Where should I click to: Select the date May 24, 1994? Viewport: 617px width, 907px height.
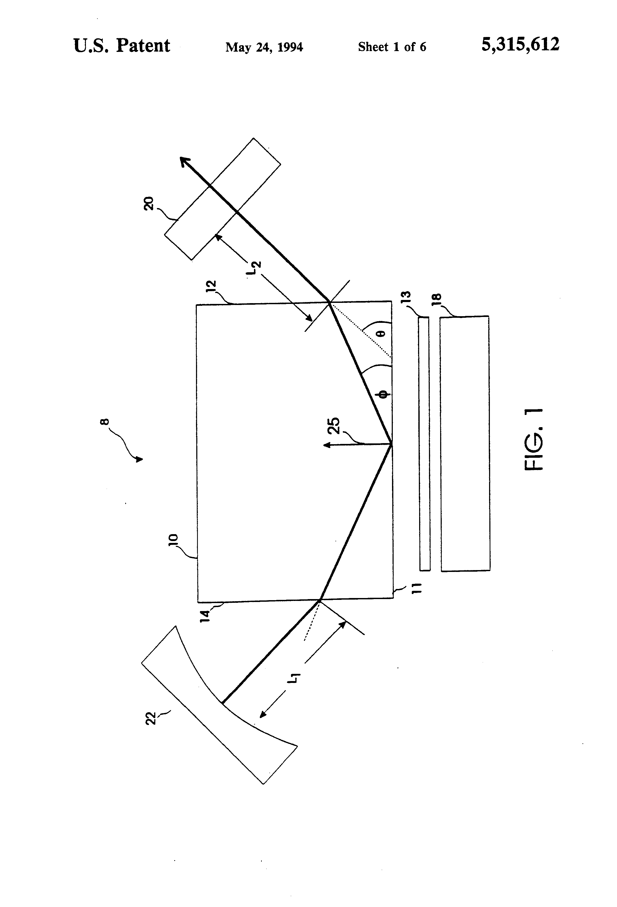pyautogui.click(x=264, y=47)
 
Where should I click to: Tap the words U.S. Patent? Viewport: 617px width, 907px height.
pyautogui.click(x=122, y=46)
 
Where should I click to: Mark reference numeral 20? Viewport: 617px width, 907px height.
pyautogui.click(x=149, y=204)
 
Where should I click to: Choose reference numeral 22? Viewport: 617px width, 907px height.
pyautogui.click(x=151, y=719)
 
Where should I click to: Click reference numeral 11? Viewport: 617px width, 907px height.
pyautogui.click(x=416, y=588)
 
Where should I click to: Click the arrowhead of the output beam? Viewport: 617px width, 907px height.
pyautogui.click(x=184, y=161)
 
